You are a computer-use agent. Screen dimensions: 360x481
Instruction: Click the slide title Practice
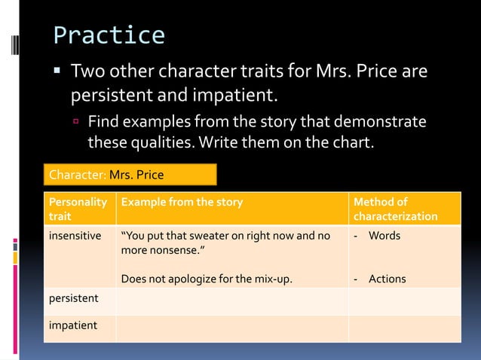[109, 35]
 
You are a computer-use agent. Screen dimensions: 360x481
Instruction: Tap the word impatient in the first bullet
[233, 96]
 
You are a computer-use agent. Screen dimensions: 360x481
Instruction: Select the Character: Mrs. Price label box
[130, 175]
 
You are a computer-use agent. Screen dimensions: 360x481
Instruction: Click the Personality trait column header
[78, 209]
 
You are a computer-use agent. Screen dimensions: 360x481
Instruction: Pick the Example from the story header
[182, 202]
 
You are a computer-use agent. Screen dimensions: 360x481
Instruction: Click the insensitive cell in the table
[75, 236]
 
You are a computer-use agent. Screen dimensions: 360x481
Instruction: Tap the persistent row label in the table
[73, 298]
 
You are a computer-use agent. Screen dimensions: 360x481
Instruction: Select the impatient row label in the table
[72, 325]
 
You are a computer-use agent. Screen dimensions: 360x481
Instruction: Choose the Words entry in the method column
[384, 236]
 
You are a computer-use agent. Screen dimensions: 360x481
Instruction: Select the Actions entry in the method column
[387, 279]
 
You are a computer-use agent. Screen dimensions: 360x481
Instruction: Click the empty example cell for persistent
[232, 298]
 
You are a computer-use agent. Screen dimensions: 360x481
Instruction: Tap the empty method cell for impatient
[403, 327]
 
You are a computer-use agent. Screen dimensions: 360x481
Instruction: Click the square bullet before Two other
[58, 74]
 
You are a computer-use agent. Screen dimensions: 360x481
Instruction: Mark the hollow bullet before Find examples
[75, 122]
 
